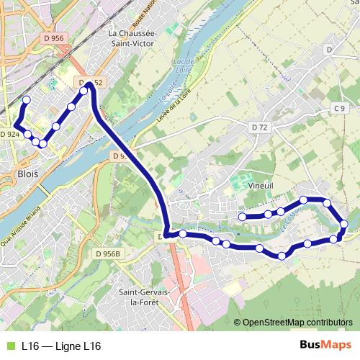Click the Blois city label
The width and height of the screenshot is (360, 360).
tap(27, 174)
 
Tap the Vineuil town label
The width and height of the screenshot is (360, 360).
tap(260, 185)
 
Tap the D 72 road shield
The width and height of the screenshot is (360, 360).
tap(260, 127)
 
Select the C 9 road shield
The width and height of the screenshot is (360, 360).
tap(340, 108)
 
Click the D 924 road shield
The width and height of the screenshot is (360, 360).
tap(9, 135)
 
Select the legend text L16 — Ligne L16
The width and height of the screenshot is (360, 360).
tap(61, 346)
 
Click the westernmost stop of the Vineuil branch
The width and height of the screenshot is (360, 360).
tap(243, 217)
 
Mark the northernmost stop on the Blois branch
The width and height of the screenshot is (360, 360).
tap(27, 100)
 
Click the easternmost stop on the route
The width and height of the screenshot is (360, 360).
tap(343, 225)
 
